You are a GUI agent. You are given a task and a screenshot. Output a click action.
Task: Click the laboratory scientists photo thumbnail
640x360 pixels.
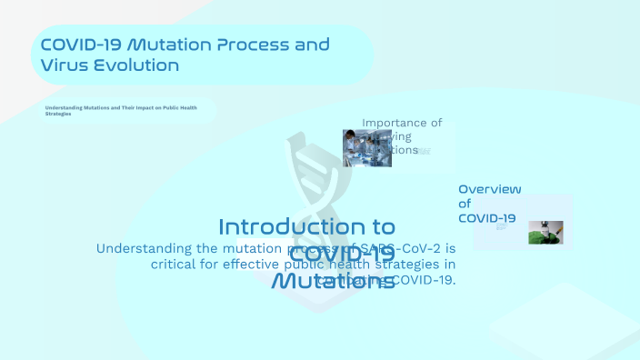[x=367, y=148]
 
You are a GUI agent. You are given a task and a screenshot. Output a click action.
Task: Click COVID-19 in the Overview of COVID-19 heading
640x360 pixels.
[x=486, y=218]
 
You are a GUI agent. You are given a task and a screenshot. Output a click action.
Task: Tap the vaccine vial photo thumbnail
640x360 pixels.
[x=545, y=233]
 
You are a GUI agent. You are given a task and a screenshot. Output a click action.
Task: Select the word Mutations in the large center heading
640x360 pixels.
[x=334, y=281]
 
